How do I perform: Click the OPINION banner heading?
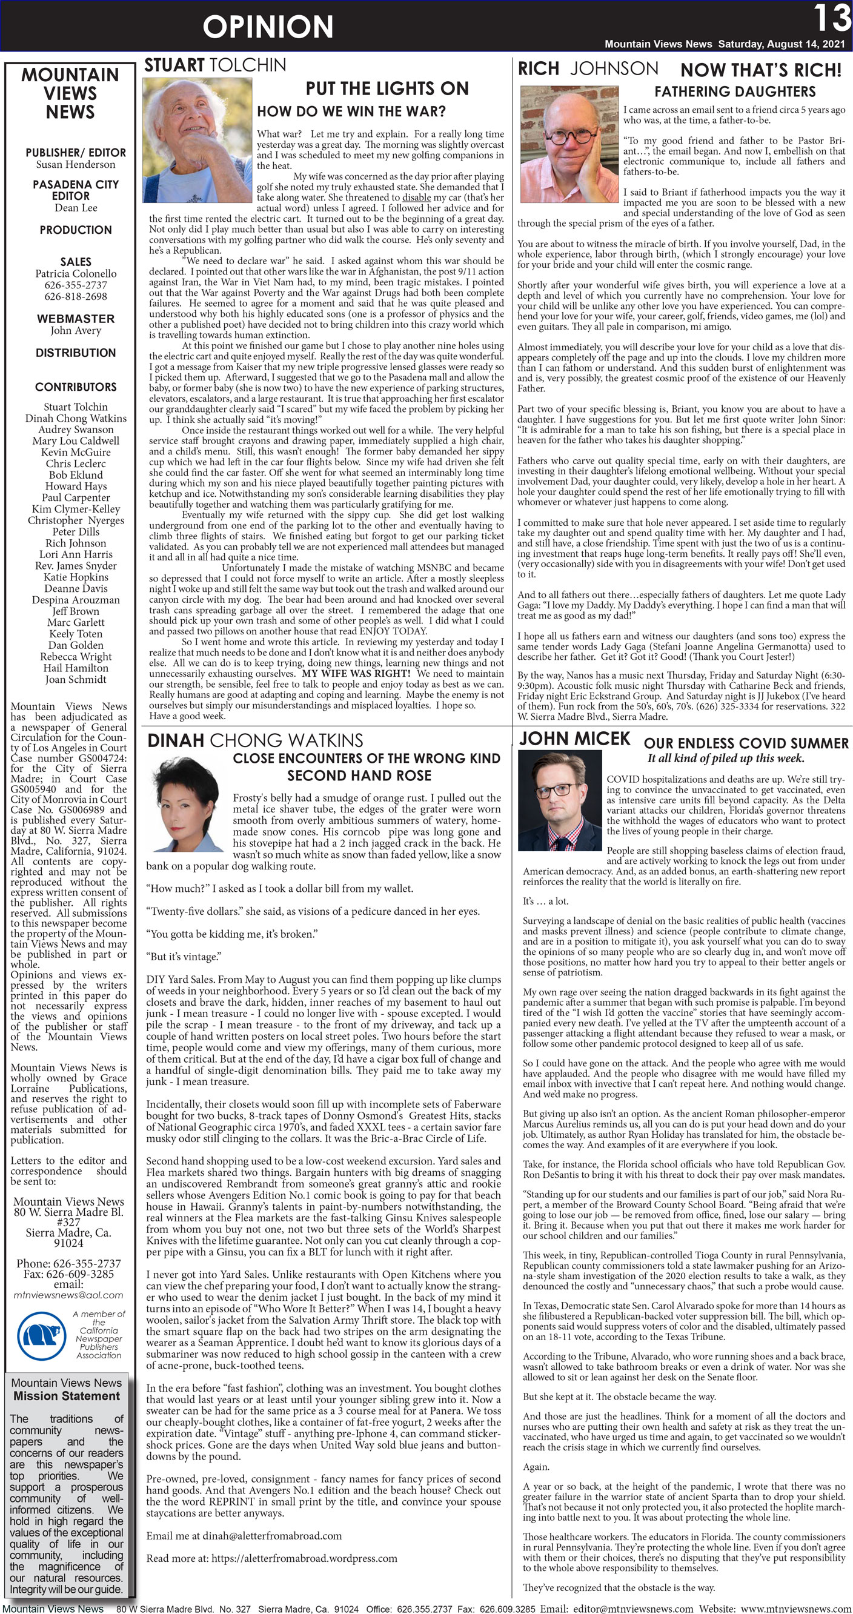click(268, 27)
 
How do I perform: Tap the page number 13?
click(831, 18)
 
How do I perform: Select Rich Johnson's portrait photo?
click(569, 144)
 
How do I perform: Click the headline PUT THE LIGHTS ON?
click(387, 88)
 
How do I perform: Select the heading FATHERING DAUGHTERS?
click(734, 91)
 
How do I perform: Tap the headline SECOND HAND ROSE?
click(359, 775)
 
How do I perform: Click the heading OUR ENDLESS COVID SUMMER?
click(746, 743)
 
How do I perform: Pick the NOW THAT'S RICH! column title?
click(760, 70)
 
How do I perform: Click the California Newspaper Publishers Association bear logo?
click(41, 1336)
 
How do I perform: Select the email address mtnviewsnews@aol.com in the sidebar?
click(68, 1295)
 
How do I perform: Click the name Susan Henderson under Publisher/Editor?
click(76, 165)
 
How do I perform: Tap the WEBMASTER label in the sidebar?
click(75, 318)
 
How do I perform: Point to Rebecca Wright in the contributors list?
click(76, 657)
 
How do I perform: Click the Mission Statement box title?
click(67, 1396)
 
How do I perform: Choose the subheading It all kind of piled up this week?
click(726, 758)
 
